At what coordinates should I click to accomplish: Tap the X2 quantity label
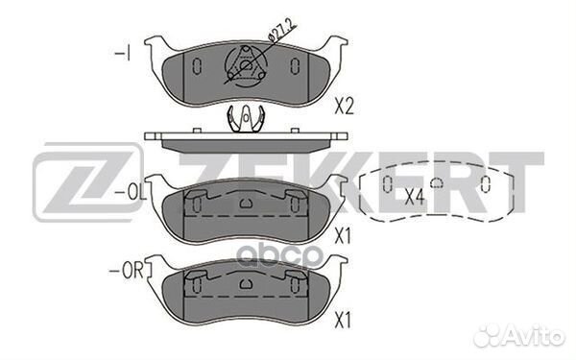344,107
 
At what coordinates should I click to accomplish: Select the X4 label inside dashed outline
415,197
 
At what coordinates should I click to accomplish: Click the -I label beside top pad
122,54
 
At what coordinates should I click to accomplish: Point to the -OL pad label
131,193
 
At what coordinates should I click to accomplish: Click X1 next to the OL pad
343,236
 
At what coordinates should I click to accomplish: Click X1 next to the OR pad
343,320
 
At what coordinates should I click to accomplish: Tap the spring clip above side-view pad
246,118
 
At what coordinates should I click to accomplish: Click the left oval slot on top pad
197,66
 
